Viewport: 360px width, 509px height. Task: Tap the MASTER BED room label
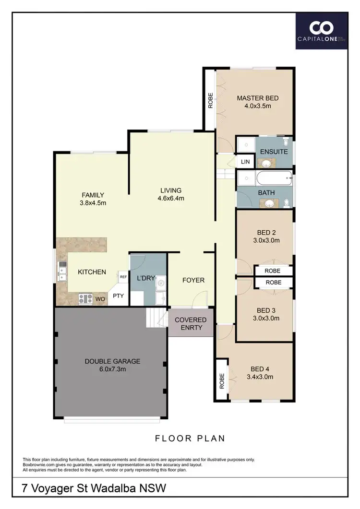(x=257, y=98)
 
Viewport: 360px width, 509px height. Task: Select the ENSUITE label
(x=274, y=152)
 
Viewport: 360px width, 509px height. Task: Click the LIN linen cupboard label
(x=245, y=162)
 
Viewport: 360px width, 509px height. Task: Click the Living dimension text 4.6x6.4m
(x=172, y=198)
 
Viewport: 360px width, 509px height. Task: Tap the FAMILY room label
(x=93, y=195)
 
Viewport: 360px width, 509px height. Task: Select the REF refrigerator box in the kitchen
(x=123, y=277)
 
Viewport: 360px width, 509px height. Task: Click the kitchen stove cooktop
(x=85, y=299)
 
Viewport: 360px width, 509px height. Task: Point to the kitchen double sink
(x=62, y=272)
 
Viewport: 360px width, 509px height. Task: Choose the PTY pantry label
(x=118, y=296)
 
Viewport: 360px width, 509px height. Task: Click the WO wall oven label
(x=101, y=299)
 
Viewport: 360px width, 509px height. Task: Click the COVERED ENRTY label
(x=191, y=324)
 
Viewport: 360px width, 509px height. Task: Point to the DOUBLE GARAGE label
(x=113, y=361)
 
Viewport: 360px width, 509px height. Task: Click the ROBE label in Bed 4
(x=222, y=381)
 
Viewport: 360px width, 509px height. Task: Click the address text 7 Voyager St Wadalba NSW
(x=94, y=489)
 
